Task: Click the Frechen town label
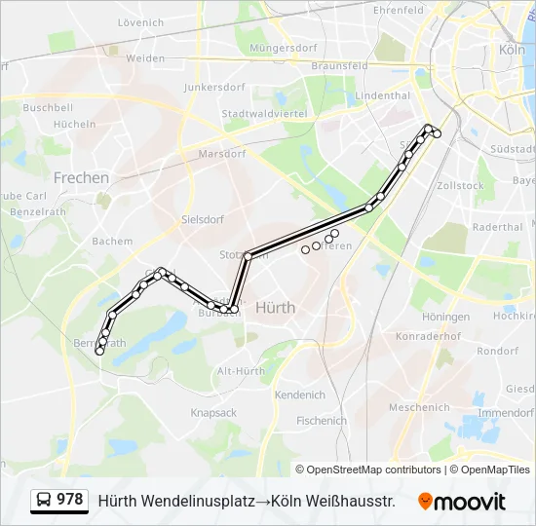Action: click(81, 177)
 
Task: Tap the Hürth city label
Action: click(275, 307)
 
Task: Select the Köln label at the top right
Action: click(512, 49)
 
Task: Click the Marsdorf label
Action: click(221, 154)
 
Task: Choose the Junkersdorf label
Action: click(211, 86)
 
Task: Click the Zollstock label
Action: click(461, 185)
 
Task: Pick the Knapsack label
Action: click(213, 413)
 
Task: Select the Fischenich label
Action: click(322, 421)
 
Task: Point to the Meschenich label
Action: click(418, 407)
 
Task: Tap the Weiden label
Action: click(145, 58)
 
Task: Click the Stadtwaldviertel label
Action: click(264, 114)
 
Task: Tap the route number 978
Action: click(69, 500)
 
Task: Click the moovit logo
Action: click(462, 502)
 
